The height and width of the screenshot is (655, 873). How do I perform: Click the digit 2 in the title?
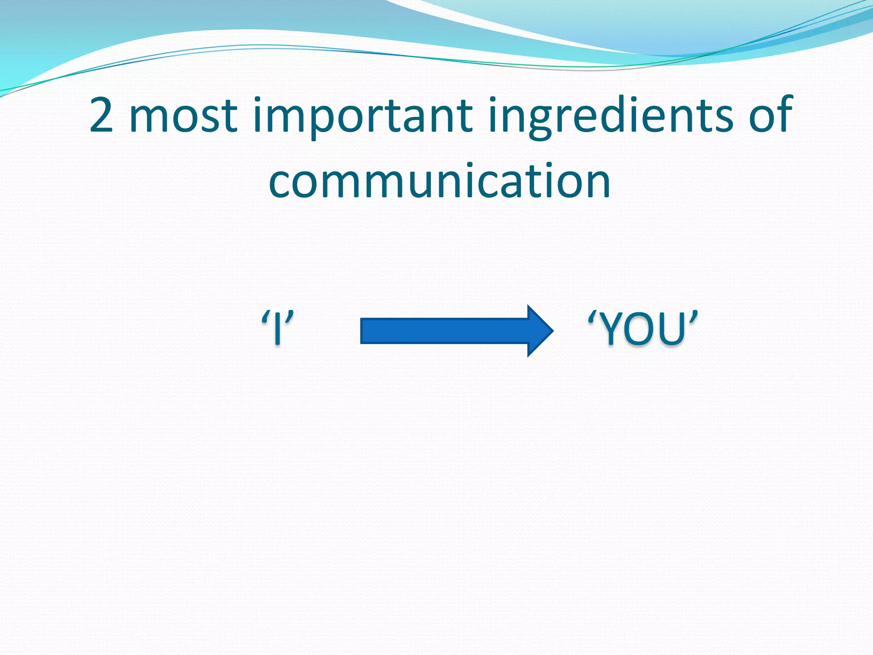click(x=101, y=115)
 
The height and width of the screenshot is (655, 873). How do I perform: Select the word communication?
click(x=439, y=182)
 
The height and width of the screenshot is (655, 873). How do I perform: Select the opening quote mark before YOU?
click(x=592, y=317)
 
